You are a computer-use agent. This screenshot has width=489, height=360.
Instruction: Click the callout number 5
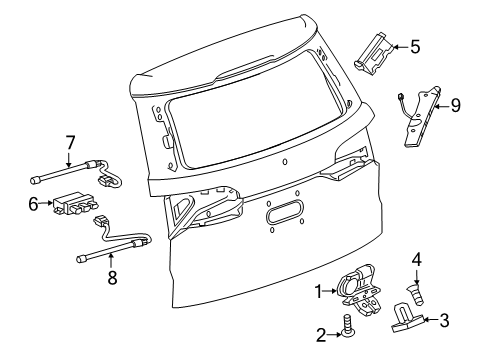415,45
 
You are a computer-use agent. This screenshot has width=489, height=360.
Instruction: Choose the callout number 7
69,143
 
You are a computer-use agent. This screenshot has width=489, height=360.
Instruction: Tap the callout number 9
455,105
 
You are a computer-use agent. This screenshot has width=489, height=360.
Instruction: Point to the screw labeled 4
415,293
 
